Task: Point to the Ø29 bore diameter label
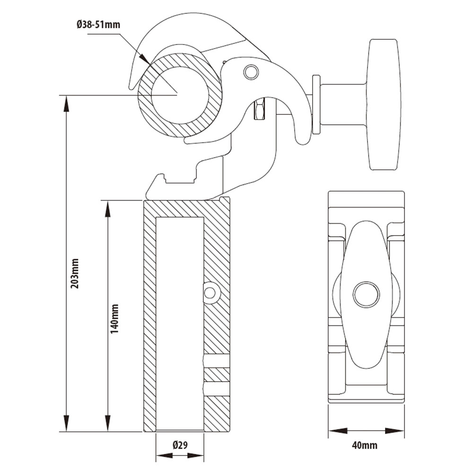pyautogui.click(x=180, y=445)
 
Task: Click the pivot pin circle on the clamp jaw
pyautogui.click(x=251, y=72)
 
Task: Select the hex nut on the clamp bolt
pyautogui.click(x=260, y=110)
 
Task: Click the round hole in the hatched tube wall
pyautogui.click(x=210, y=293)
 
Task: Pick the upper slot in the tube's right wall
pyautogui.click(x=216, y=361)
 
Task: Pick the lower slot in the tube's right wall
pyautogui.click(x=216, y=389)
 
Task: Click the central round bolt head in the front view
pyautogui.click(x=366, y=295)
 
